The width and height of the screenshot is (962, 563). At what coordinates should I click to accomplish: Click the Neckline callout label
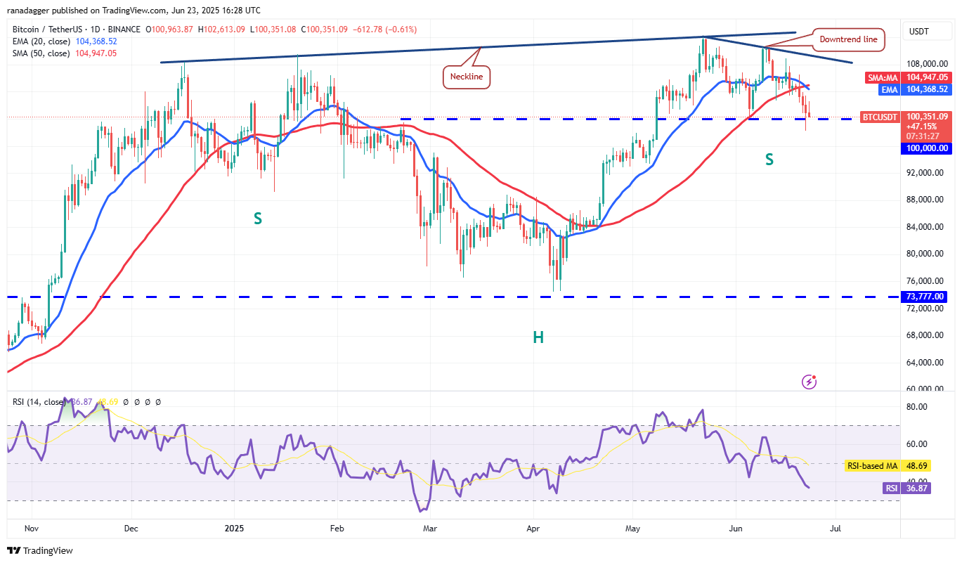[x=467, y=77]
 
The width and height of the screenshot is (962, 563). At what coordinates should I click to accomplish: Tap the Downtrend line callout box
[x=848, y=39]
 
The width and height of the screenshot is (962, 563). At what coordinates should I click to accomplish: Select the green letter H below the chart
[x=538, y=337]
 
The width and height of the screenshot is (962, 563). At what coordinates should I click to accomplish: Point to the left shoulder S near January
[x=258, y=219]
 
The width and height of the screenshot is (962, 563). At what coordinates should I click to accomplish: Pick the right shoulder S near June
[x=769, y=160]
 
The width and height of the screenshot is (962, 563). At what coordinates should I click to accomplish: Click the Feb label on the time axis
[x=337, y=527]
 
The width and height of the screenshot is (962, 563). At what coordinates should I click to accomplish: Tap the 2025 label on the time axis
[x=232, y=527]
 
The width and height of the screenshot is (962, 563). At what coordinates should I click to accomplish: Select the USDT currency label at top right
[x=919, y=32]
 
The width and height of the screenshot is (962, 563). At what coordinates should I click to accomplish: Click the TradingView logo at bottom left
[x=40, y=550]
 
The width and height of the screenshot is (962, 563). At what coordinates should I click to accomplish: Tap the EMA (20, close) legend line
[x=63, y=41]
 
